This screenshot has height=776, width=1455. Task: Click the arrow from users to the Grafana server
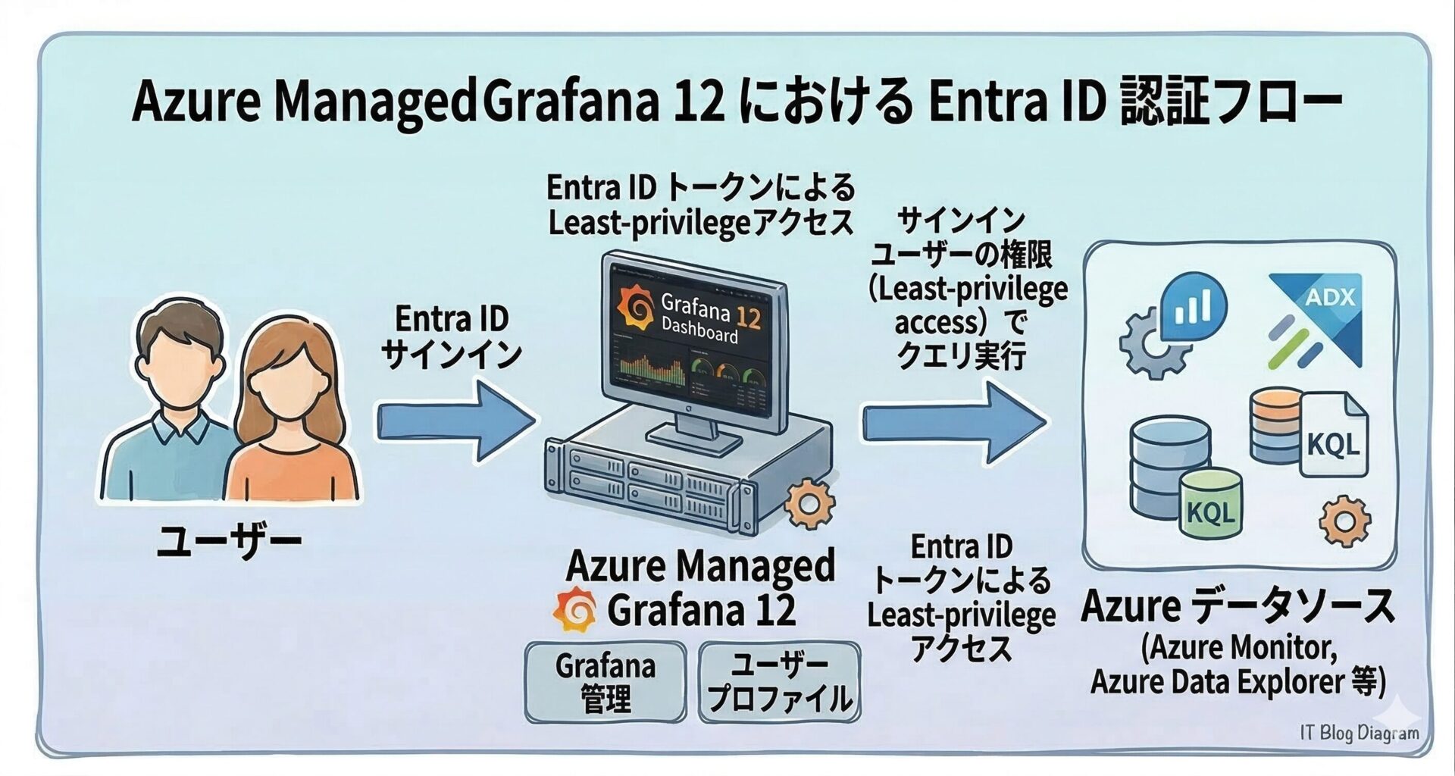455,421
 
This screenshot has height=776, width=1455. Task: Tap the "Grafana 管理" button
605,682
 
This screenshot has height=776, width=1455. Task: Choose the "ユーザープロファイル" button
779,682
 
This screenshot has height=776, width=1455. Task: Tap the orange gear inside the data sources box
1344,521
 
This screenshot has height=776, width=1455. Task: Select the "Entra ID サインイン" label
452,337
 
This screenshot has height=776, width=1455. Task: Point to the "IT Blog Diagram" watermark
1359,733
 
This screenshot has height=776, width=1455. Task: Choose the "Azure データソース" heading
1237,606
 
